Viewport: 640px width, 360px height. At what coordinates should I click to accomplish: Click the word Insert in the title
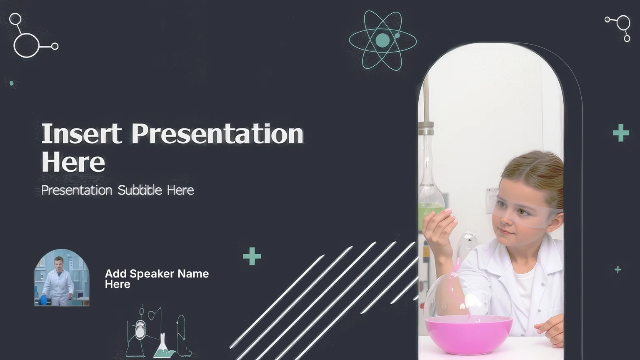[82, 133]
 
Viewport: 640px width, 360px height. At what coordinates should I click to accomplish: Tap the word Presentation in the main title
[217, 133]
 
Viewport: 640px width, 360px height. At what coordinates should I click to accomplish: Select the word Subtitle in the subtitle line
[140, 190]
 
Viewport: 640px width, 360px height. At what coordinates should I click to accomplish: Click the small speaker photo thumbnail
[62, 277]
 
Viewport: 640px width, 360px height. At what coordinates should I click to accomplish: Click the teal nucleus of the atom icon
[382, 40]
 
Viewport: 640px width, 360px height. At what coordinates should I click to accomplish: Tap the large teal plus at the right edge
[621, 133]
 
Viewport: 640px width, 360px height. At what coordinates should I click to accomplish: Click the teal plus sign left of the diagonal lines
[252, 256]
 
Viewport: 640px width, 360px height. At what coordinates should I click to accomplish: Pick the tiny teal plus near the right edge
[618, 270]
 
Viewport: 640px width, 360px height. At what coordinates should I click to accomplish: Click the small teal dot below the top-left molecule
[11, 83]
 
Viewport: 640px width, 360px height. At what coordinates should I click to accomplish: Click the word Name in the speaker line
[193, 274]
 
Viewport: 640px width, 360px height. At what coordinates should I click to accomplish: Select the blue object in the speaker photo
[43, 300]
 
